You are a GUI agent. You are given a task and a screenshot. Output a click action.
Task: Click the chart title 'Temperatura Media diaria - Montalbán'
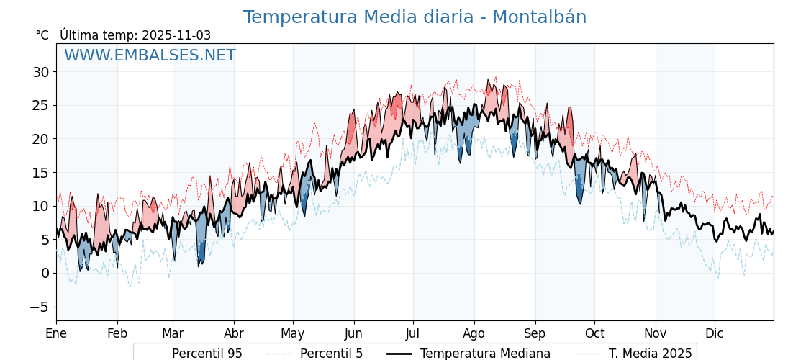[x=415, y=17]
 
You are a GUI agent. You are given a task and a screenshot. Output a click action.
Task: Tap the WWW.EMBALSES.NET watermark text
[x=150, y=55]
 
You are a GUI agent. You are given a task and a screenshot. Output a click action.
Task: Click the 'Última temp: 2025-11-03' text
[x=135, y=35]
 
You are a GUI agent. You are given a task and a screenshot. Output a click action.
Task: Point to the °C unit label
[x=42, y=35]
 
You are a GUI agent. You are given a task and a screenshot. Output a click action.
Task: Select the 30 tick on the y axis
[x=40, y=72]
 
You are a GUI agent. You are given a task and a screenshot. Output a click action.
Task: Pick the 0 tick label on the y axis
[x=45, y=273]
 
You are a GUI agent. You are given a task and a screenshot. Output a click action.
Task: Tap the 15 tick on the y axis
[x=40, y=173]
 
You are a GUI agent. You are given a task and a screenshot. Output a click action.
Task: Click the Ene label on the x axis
[x=56, y=333]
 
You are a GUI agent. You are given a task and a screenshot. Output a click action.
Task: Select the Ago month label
[x=474, y=333]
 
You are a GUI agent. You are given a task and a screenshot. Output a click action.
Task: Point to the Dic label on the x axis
[x=715, y=333]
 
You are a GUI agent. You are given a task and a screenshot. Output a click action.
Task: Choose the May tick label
[x=293, y=333]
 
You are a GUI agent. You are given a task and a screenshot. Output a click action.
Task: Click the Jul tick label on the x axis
[x=413, y=333]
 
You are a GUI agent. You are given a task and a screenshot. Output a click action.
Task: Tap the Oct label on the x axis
[x=594, y=333]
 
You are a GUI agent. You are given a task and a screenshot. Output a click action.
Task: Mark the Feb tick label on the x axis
[x=117, y=333]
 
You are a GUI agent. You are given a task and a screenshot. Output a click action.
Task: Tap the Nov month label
[x=656, y=333]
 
